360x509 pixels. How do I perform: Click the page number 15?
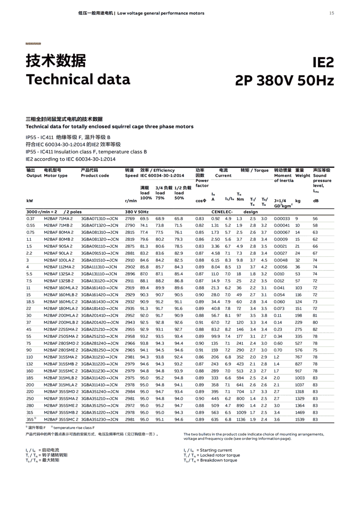coord(331,13)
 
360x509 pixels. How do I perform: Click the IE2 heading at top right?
coord(323,62)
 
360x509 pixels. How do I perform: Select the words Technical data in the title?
coord(78,79)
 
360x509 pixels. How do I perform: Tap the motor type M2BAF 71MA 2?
coord(58,219)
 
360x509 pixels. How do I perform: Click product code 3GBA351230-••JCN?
coord(100,419)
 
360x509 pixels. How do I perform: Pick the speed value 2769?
coord(130,219)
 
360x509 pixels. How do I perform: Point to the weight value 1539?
coord(300,419)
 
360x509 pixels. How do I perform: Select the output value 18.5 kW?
coord(30,302)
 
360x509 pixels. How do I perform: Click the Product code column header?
coord(95,176)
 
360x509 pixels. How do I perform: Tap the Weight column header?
coord(303,176)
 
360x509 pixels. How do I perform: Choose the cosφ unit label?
coord(201,201)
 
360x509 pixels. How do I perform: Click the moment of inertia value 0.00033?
coord(282,219)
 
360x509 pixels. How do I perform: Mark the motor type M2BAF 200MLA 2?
coord(61,315)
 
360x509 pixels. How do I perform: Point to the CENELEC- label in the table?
coord(222,212)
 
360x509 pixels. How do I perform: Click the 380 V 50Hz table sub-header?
coord(137,212)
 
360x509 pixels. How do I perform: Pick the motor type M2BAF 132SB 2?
coord(58,281)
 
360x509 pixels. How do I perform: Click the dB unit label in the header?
coord(316,201)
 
